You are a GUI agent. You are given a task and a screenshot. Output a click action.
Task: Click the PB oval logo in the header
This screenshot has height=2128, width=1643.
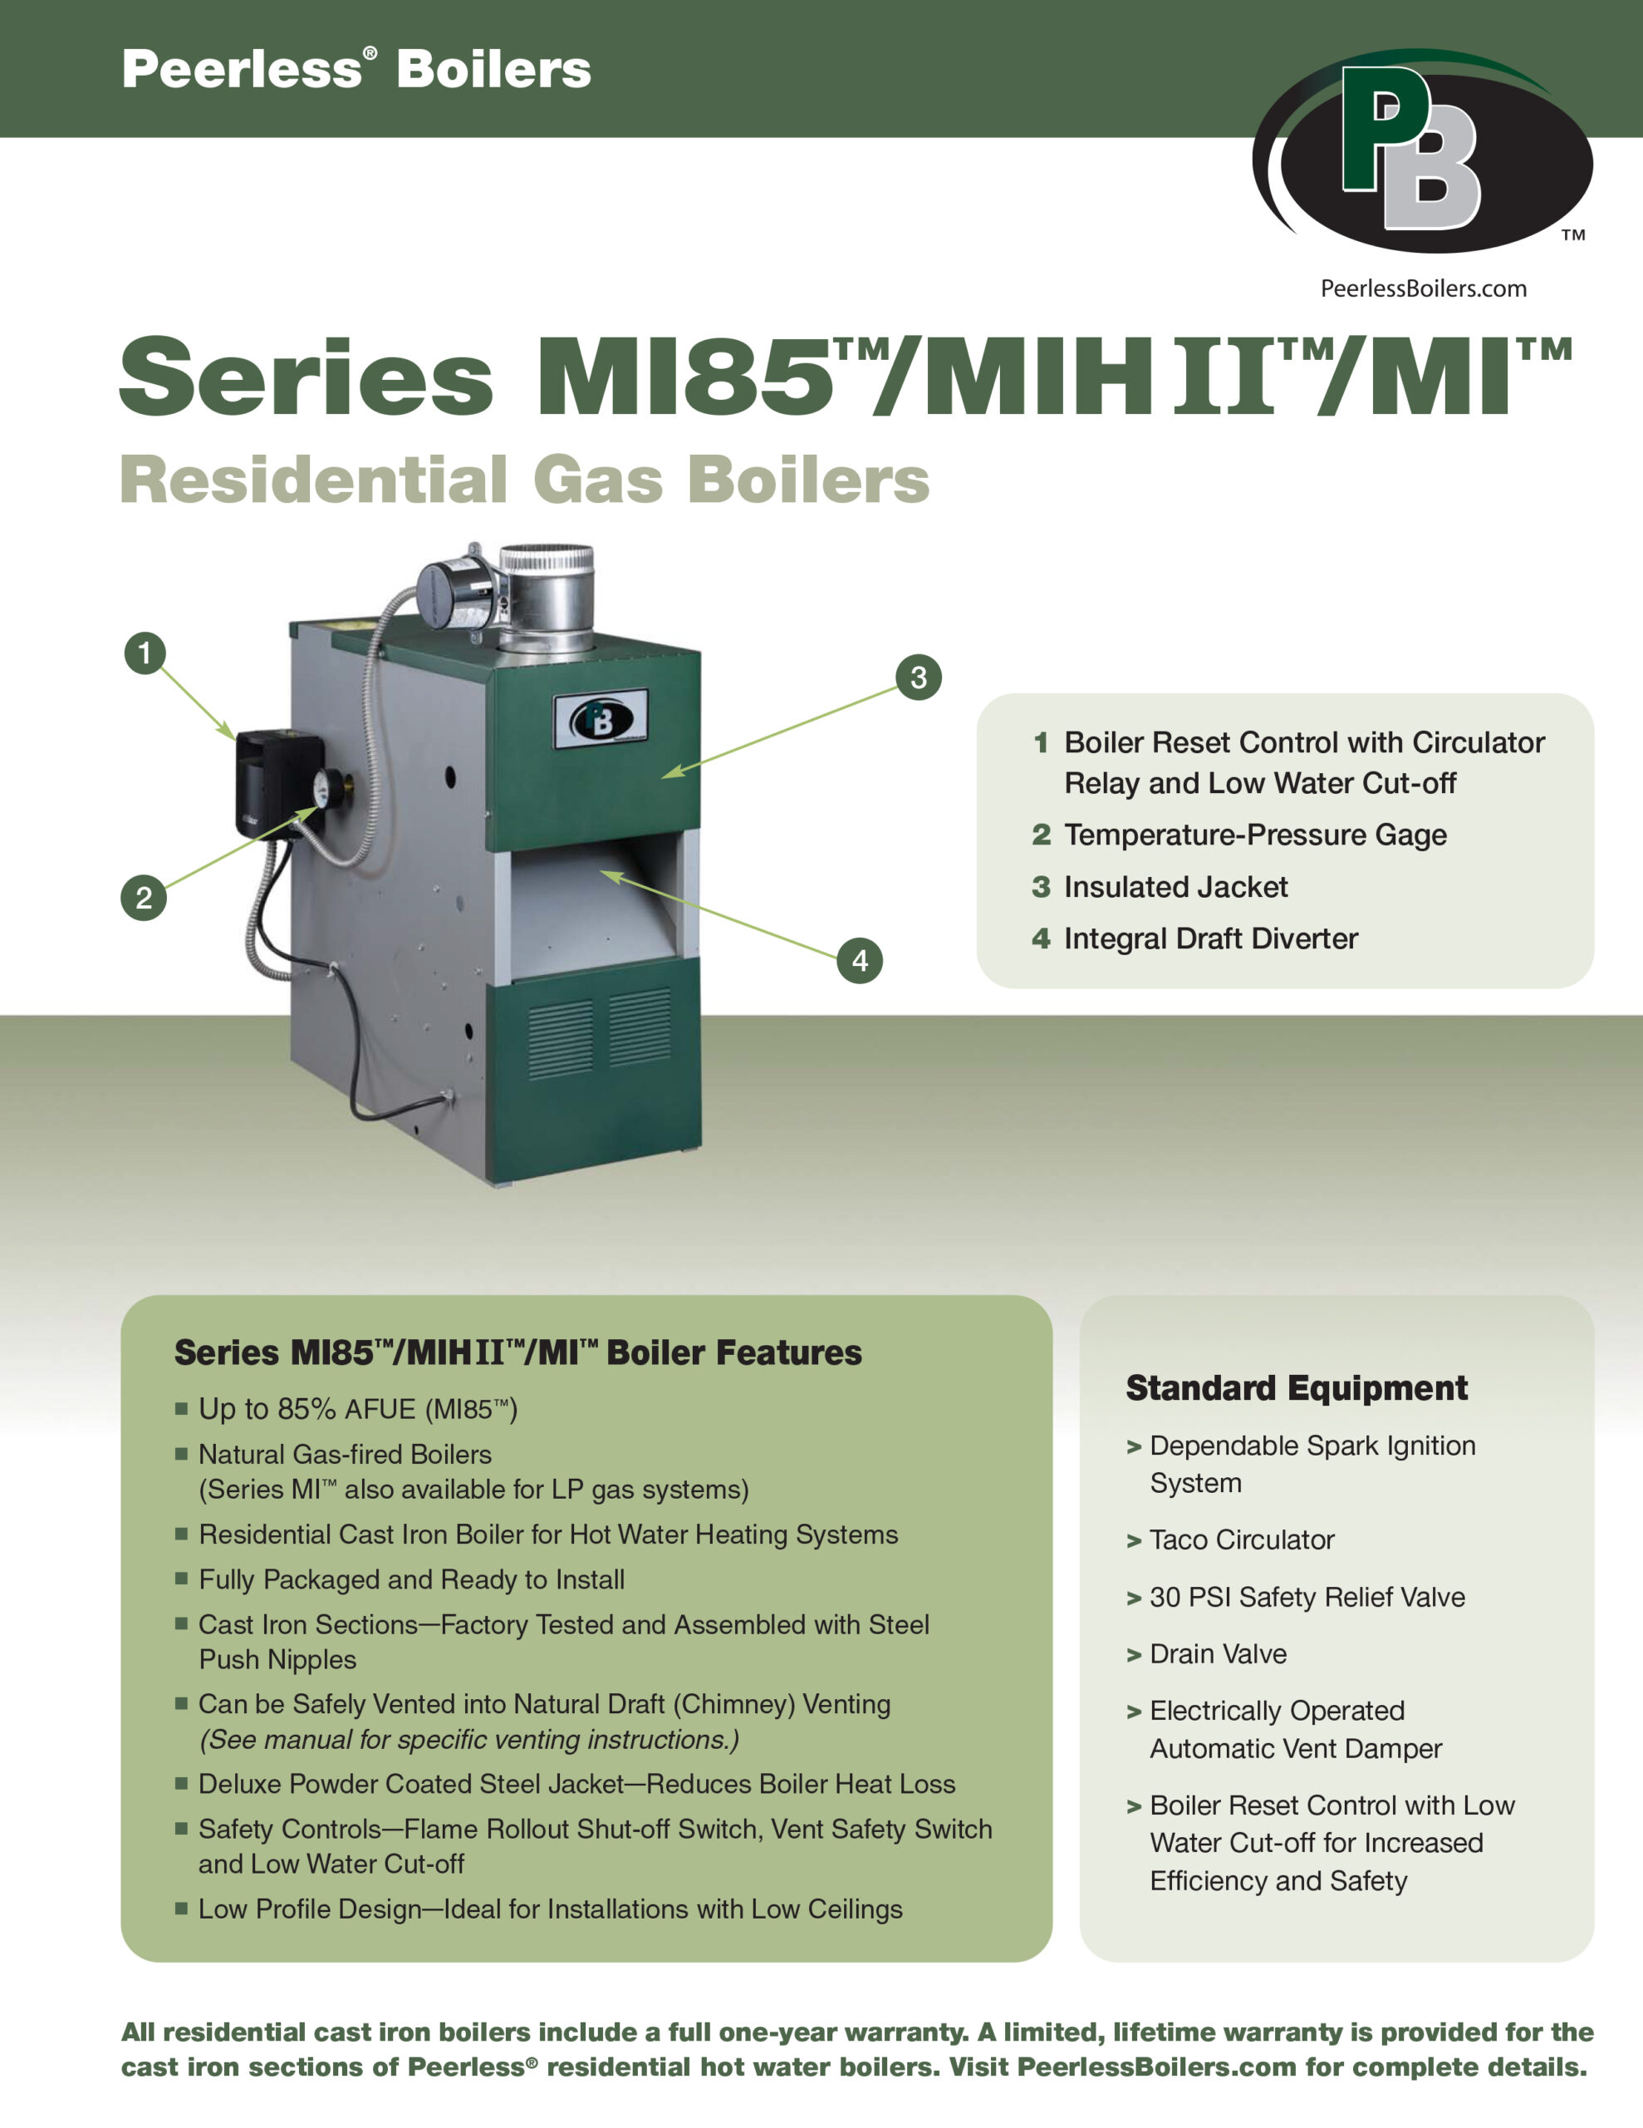coord(1422,151)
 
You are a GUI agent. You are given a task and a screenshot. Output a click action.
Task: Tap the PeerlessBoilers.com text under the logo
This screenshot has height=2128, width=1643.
coord(1423,288)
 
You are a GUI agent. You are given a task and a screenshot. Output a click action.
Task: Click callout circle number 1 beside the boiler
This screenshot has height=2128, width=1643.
coord(145,653)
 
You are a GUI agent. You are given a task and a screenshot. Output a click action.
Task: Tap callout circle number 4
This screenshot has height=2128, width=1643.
coord(859,961)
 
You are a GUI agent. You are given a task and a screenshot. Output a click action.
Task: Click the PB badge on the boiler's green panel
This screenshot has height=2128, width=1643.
coord(601,720)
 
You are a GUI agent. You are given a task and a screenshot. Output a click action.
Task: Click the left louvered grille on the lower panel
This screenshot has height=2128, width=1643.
coord(560,1039)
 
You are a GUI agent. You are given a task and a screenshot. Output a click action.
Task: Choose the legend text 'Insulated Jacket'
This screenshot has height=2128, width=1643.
coord(1175,887)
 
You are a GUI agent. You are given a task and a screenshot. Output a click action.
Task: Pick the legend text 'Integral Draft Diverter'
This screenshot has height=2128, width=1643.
coord(1209,938)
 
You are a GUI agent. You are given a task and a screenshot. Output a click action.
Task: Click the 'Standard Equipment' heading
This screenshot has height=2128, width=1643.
coord(1297,1387)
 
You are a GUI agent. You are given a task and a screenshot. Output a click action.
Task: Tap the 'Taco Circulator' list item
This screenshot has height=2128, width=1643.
coord(1241,1539)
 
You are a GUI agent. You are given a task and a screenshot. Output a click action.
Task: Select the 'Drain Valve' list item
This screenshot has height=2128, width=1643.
coord(1218,1653)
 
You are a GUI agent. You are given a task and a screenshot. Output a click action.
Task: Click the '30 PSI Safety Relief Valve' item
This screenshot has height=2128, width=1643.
coord(1306,1597)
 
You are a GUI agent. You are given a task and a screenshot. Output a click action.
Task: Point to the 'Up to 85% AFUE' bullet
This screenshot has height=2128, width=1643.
coord(357,1409)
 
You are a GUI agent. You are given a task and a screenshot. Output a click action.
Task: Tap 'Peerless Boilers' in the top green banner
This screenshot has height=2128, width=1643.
coord(356,69)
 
